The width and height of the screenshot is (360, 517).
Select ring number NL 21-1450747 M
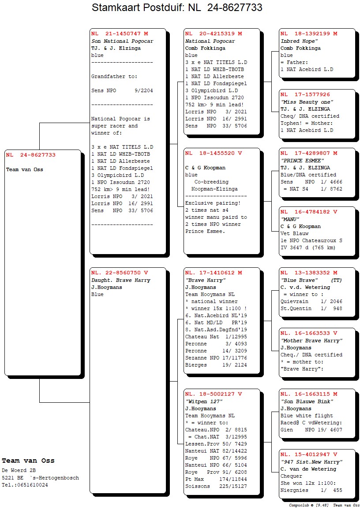pos(120,34)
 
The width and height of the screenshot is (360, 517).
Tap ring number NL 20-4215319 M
pos(214,34)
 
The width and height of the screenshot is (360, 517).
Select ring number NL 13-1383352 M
pos(309,273)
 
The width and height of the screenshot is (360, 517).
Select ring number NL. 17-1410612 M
pos(214,273)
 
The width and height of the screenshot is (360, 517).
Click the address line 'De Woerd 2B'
pos(17,470)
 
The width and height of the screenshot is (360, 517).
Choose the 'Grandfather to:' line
pos(114,76)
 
